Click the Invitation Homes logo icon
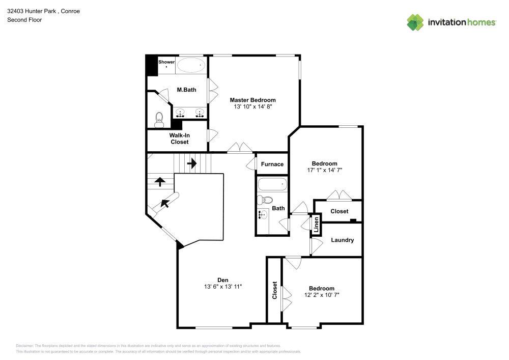coord(415,22)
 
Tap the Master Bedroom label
coord(252,100)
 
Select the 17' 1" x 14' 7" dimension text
coord(324,171)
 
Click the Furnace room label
coord(272,164)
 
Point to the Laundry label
coord(342,240)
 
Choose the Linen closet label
coord(316,225)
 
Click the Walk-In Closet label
coord(179,139)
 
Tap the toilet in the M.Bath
coord(159,120)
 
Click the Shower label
coord(166,62)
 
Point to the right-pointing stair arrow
coord(192,163)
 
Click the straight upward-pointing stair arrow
coord(160,181)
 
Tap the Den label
coord(222,280)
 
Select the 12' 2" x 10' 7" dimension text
coord(322,295)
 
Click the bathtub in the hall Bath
coord(272,184)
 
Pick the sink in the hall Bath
coord(263,215)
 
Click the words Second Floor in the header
coord(24,20)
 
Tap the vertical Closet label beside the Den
coord(274,290)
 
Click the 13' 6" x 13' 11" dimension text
coord(222,287)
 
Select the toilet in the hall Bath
coord(265,200)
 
